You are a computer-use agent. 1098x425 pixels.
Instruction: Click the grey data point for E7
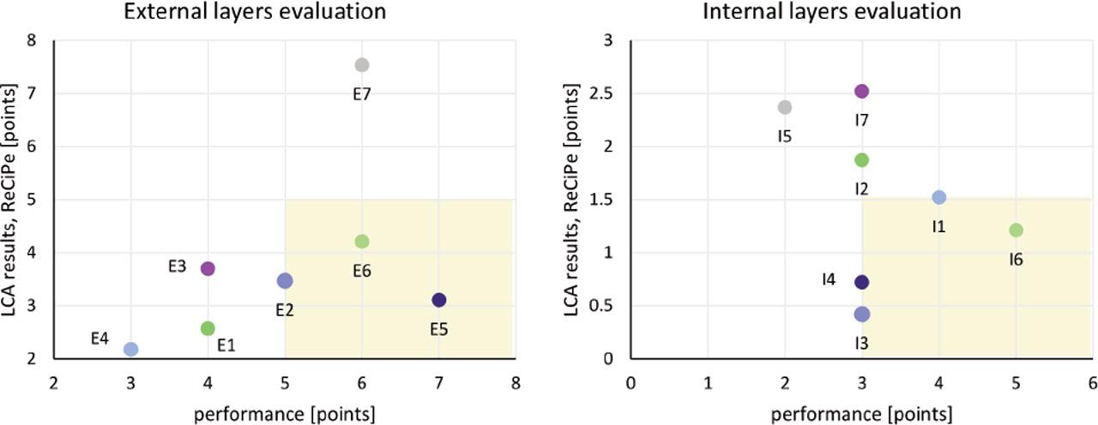click(362, 65)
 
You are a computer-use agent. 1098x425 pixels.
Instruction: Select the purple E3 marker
click(208, 268)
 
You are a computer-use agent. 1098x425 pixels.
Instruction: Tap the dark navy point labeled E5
click(439, 300)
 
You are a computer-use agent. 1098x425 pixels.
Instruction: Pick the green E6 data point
click(362, 242)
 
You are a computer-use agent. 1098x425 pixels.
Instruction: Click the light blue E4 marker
click(130, 349)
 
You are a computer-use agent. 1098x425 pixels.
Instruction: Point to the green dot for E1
click(208, 328)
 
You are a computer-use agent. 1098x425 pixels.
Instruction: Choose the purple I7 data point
click(862, 92)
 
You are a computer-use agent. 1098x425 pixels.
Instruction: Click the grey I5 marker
click(785, 107)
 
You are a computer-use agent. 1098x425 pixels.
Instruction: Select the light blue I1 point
click(939, 197)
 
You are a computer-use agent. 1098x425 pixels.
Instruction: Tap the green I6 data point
click(1017, 230)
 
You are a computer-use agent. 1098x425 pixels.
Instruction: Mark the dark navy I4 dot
click(862, 282)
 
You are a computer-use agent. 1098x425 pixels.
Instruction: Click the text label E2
click(285, 309)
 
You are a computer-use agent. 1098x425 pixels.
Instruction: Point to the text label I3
click(862, 343)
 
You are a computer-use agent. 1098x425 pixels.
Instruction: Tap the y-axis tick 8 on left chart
click(32, 40)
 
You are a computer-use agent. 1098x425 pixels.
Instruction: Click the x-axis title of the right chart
click(862, 415)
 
